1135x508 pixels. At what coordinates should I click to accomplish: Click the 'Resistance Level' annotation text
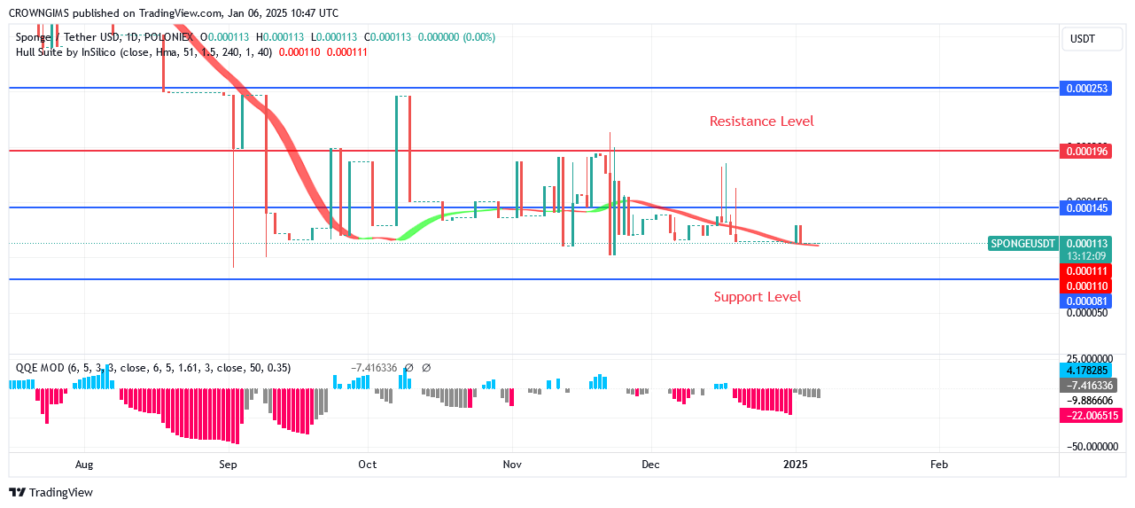tap(761, 121)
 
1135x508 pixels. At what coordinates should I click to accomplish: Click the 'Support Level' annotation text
tap(757, 297)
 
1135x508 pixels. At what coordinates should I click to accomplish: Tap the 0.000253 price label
tap(1086, 89)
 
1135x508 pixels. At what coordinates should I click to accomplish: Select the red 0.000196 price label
tap(1086, 152)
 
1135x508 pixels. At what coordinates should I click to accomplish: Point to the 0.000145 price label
tap(1086, 207)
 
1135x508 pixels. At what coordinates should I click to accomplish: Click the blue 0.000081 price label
tap(1086, 301)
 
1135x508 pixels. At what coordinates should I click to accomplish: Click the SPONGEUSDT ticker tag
tap(1023, 244)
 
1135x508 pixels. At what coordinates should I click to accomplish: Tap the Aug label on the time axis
tap(84, 465)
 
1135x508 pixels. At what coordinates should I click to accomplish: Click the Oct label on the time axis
tap(367, 465)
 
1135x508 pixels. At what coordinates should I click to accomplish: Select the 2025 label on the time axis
tap(795, 465)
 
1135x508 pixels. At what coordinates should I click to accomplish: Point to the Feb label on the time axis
tap(939, 465)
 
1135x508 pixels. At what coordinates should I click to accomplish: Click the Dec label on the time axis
tap(651, 465)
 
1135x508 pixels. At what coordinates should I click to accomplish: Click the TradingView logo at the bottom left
tap(51, 493)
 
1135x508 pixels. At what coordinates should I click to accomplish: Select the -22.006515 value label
tap(1086, 415)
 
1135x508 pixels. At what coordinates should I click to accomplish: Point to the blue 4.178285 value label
tap(1086, 371)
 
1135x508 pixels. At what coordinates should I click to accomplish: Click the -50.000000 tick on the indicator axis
tap(1086, 447)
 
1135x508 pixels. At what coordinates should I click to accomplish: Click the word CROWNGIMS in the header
tap(40, 13)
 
